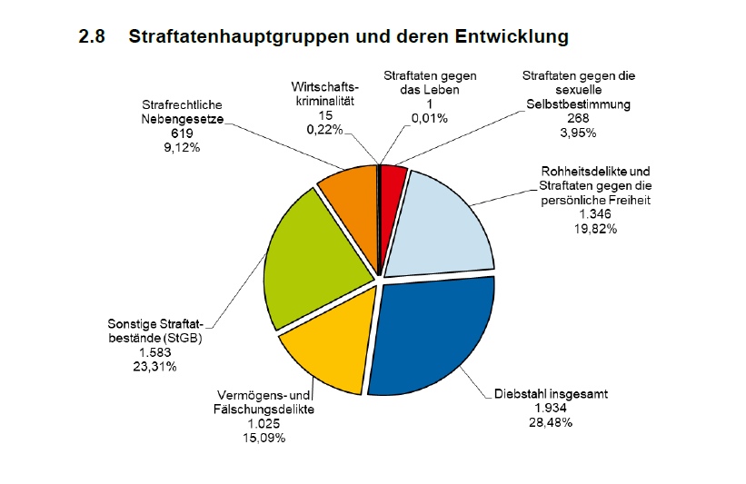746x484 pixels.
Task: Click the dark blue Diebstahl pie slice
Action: pos(436,336)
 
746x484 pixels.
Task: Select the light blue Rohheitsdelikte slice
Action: pos(445,222)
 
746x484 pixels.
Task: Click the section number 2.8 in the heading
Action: pos(94,37)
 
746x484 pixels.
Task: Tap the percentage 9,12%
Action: pos(182,145)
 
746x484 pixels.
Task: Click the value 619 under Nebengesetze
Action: pos(182,133)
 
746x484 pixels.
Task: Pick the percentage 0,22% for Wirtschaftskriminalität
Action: pos(324,130)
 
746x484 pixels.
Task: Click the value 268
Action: pos(578,119)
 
